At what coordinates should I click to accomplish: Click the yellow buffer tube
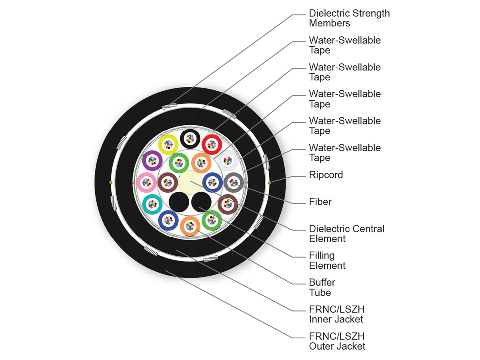click(x=168, y=144)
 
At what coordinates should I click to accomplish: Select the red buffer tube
click(x=212, y=144)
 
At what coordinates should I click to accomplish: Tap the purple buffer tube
click(x=152, y=161)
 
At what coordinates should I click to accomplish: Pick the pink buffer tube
click(x=146, y=182)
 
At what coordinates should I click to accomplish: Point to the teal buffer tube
click(x=152, y=204)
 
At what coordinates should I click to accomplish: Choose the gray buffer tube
click(x=234, y=182)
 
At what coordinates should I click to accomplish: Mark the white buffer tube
click(x=228, y=161)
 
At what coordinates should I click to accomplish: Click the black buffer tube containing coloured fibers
click(x=190, y=138)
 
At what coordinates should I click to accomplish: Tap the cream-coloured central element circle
click(x=190, y=182)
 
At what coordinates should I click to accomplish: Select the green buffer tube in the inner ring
click(x=179, y=163)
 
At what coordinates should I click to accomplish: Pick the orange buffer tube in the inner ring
click(x=201, y=163)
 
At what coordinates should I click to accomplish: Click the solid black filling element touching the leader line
click(x=201, y=202)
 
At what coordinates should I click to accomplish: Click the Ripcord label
click(x=326, y=175)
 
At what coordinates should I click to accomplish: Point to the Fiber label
click(x=320, y=202)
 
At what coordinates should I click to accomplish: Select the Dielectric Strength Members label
click(x=349, y=18)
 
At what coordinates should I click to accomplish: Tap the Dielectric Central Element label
click(x=346, y=234)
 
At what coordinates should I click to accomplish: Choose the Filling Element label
click(x=327, y=260)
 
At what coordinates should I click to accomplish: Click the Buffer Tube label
click(x=322, y=288)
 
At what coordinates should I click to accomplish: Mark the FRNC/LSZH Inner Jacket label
click(x=336, y=314)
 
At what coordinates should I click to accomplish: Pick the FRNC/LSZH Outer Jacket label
click(x=337, y=341)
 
